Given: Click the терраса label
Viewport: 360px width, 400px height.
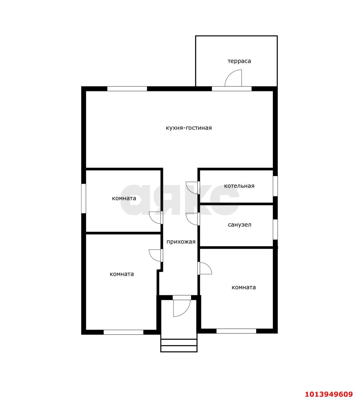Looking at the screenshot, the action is pos(239,61).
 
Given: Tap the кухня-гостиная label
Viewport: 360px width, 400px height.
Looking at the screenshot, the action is pos(189,128).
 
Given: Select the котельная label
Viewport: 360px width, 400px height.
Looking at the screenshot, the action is pos(239,186).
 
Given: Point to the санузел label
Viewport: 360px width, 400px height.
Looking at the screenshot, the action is pos(239,225).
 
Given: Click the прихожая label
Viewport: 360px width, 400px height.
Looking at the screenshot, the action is pos(181,242).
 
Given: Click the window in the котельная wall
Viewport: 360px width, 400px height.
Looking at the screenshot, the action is pos(275,186).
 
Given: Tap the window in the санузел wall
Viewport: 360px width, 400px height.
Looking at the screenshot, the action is pos(275,229).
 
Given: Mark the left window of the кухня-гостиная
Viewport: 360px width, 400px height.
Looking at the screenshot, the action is pos(127,89).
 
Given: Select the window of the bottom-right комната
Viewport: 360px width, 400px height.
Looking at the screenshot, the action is pos(236,331).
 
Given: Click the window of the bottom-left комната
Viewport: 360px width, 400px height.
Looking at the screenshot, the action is pos(124,332).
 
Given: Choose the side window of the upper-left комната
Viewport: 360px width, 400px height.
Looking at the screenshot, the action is pos(84,198).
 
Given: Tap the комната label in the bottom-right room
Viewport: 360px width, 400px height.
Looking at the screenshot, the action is pos(244,287).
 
